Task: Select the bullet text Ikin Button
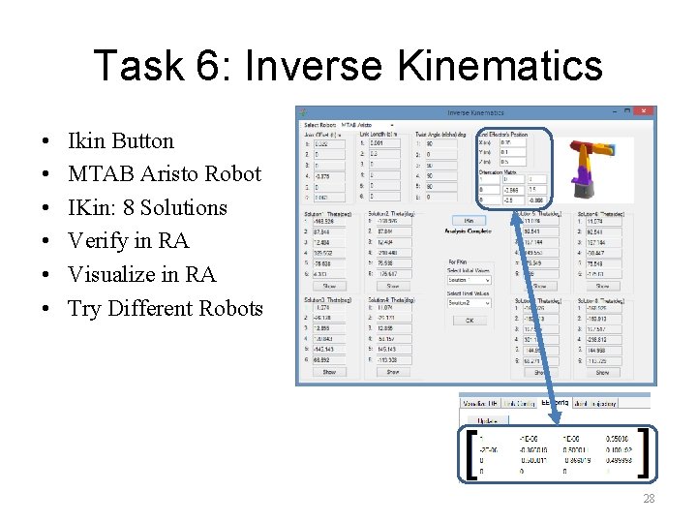pyautogui.click(x=120, y=141)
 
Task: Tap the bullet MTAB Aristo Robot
pyautogui.click(x=164, y=174)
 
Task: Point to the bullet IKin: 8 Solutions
pyautogui.click(x=147, y=208)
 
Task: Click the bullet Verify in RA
pyautogui.click(x=128, y=241)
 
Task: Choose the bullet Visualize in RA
pyautogui.click(x=141, y=275)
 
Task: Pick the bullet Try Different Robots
pyautogui.click(x=165, y=309)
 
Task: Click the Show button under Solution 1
pyautogui.click(x=329, y=286)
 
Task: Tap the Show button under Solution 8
pyautogui.click(x=602, y=372)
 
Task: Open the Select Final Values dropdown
pyautogui.click(x=470, y=303)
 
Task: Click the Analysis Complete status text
pyautogui.click(x=470, y=231)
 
